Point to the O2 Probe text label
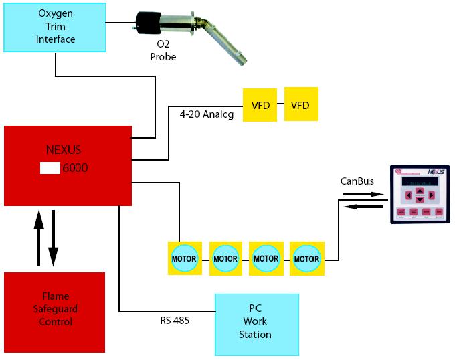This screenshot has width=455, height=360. [163, 52]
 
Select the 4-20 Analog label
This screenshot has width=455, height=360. [206, 114]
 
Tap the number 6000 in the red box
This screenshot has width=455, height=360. [75, 168]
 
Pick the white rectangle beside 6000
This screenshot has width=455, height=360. [50, 168]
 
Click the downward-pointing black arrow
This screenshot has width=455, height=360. [53, 238]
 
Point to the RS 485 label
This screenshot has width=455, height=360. [175, 321]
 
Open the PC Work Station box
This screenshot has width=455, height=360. [256, 324]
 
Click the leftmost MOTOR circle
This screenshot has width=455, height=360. [184, 258]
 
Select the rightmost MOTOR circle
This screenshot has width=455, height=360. [307, 258]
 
